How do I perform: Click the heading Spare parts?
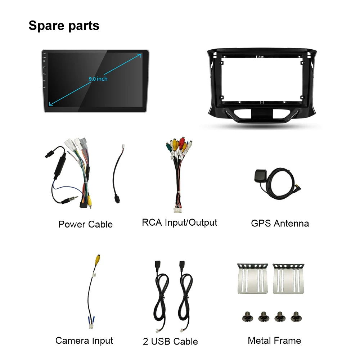[x=64, y=26]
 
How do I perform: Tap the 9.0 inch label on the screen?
[x=98, y=78]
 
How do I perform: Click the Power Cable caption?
[x=85, y=224]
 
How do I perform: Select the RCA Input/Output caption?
[x=179, y=222]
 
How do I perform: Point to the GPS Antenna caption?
[x=280, y=223]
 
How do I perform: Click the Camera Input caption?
[x=84, y=341]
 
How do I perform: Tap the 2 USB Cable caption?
[x=170, y=341]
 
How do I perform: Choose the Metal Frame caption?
[x=274, y=340]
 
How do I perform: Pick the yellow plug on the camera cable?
[x=98, y=258]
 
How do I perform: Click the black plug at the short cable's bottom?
[x=117, y=199]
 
